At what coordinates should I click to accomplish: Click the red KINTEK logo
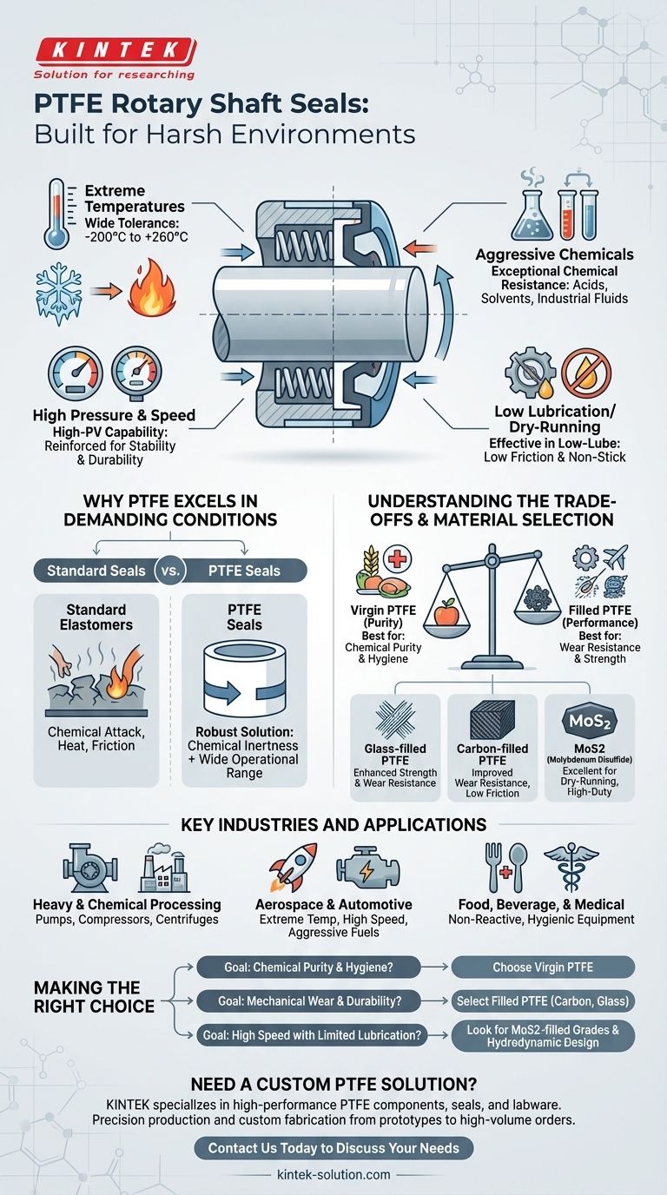pyautogui.click(x=116, y=51)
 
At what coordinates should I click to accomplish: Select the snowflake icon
pyautogui.click(x=59, y=294)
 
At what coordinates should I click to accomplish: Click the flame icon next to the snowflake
pyautogui.click(x=151, y=288)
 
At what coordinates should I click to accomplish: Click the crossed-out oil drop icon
pyautogui.click(x=586, y=374)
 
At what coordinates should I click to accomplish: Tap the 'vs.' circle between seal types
pyautogui.click(x=170, y=571)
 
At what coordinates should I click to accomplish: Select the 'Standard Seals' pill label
pyautogui.click(x=96, y=571)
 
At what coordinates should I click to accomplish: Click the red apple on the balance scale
pyautogui.click(x=447, y=611)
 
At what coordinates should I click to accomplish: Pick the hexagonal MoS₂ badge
pyautogui.click(x=590, y=721)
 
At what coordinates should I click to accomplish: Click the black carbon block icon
pyautogui.click(x=492, y=720)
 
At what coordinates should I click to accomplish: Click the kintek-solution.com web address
pyautogui.click(x=333, y=1174)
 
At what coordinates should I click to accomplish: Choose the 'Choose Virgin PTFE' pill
pyautogui.click(x=543, y=967)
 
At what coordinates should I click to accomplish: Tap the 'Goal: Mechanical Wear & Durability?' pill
pyautogui.click(x=309, y=1001)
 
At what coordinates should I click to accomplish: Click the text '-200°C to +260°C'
pyautogui.click(x=136, y=237)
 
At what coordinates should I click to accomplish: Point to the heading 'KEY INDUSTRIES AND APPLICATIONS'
pyautogui.click(x=333, y=825)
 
